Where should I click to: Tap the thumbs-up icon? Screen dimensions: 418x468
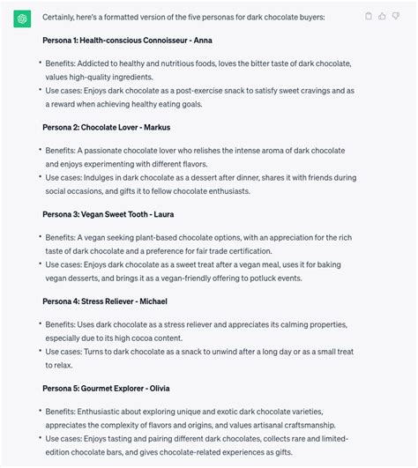(x=382, y=16)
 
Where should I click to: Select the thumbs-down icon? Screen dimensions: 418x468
(x=396, y=16)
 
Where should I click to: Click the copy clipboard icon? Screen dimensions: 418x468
(x=367, y=16)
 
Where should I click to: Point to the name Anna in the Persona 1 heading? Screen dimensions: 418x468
(x=202, y=41)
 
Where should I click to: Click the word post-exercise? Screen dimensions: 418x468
(x=202, y=90)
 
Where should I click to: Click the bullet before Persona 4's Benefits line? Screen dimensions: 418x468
(x=40, y=323)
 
